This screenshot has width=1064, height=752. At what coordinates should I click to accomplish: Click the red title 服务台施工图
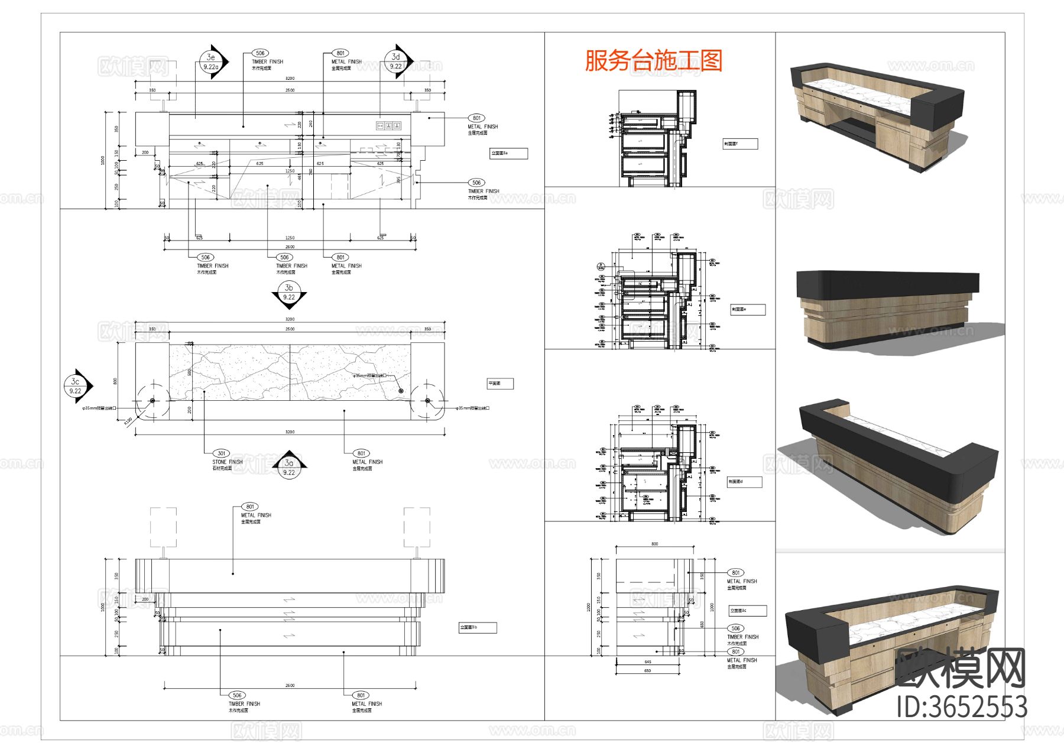coord(654,60)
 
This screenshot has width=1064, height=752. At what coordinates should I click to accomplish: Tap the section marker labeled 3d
coord(396,61)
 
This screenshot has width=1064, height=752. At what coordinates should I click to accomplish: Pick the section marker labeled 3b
coord(289,293)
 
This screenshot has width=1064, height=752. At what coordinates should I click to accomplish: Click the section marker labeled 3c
coord(76,386)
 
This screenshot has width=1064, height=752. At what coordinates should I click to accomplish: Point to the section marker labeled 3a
coord(289,467)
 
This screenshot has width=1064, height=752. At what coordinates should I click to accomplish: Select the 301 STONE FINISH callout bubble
coord(221,453)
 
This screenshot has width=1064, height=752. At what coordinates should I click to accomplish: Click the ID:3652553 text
coord(962,707)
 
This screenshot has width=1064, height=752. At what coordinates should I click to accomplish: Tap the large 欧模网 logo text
coord(961,668)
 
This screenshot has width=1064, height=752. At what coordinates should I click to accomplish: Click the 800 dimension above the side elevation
coord(654,544)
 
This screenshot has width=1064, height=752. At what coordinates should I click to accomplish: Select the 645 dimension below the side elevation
coord(647,662)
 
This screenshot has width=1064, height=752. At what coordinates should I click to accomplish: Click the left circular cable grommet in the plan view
coord(153,401)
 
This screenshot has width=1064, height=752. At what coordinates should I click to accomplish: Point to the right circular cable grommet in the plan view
coord(427,401)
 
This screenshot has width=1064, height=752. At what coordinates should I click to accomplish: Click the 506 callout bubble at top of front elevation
coord(259,53)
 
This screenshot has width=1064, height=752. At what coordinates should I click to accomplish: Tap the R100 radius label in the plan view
coord(128,421)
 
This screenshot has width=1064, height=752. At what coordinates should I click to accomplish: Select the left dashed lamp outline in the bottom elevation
coord(163,527)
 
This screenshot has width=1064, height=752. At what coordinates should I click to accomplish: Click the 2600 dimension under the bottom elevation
coord(290,685)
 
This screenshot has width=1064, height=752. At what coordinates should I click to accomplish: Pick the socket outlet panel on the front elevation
coord(389,125)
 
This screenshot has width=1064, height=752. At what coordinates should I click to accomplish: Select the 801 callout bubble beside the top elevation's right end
coord(476,118)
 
